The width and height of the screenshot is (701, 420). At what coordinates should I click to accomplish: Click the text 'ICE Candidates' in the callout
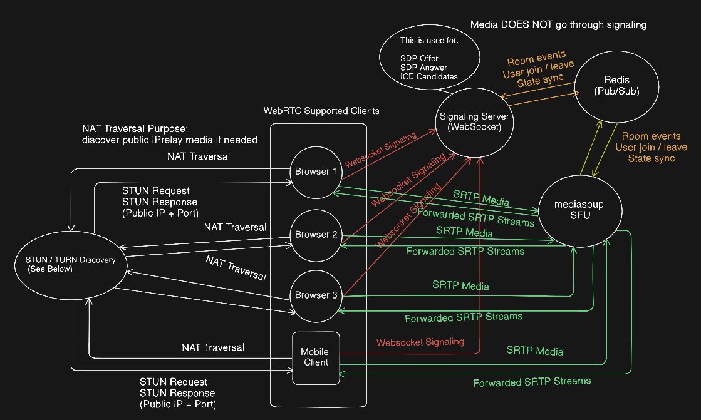pos(428,77)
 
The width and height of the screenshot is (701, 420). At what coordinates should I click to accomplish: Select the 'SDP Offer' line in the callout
pos(419,59)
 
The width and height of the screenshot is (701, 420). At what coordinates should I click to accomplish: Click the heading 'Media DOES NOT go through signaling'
pos(558,25)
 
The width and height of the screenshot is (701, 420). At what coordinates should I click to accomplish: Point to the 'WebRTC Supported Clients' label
pos(321,111)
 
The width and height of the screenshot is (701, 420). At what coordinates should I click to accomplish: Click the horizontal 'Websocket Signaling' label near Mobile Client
pos(420,342)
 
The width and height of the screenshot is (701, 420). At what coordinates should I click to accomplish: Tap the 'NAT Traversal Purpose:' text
pos(135,129)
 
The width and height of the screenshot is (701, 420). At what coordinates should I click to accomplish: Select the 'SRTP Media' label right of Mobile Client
pos(535,351)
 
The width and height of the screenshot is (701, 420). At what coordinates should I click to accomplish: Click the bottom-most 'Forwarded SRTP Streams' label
pos(532,382)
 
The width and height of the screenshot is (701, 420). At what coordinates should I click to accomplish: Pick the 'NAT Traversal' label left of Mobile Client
pos(213,347)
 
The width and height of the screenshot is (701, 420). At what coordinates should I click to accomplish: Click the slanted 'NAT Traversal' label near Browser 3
pos(236,268)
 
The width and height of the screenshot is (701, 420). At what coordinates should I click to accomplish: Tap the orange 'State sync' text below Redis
pos(652,158)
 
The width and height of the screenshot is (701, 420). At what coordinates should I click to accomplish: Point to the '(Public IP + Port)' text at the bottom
pos(178,404)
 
